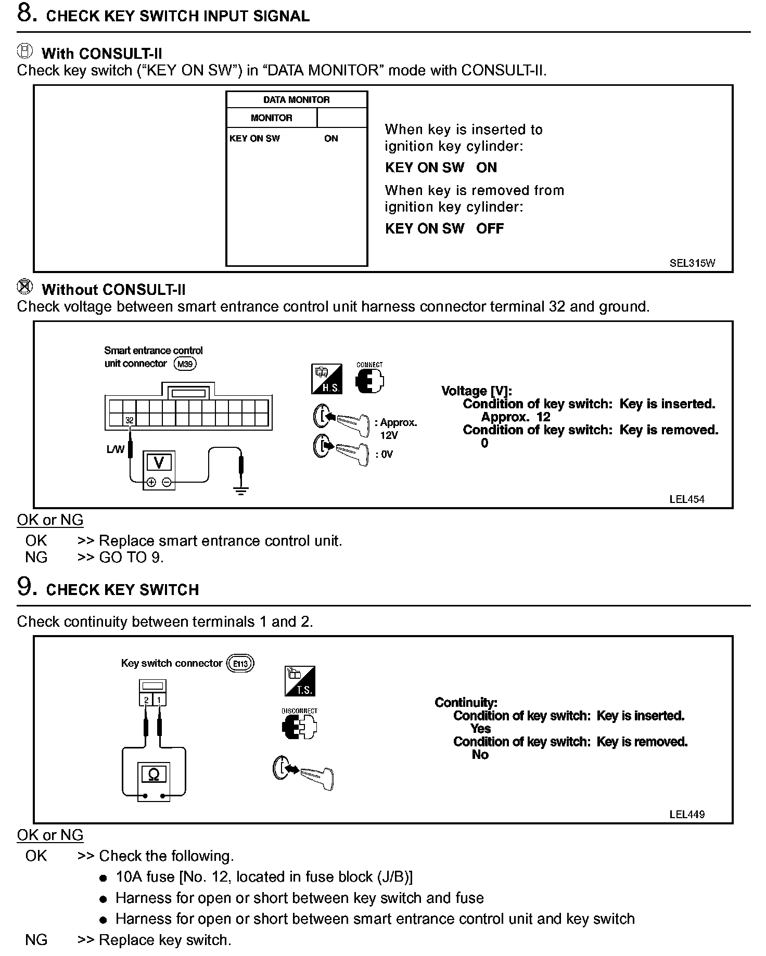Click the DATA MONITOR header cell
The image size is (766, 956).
click(296, 100)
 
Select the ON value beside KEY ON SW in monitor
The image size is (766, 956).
click(331, 138)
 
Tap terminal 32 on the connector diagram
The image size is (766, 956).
click(130, 420)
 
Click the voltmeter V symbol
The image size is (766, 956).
click(159, 462)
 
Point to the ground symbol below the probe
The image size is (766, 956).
click(240, 490)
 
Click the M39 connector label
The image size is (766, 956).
click(185, 364)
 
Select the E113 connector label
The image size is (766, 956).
click(240, 664)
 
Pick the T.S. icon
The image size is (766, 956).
click(300, 681)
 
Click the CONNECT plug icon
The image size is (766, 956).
click(369, 382)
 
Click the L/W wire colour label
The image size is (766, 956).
click(115, 449)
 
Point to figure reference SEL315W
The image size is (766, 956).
click(692, 263)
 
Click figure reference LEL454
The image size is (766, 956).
click(686, 499)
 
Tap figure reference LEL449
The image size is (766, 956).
click(686, 815)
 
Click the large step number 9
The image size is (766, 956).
click(27, 587)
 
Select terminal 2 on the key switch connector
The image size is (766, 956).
click(147, 700)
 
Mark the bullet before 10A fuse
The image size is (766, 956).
click(103, 878)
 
